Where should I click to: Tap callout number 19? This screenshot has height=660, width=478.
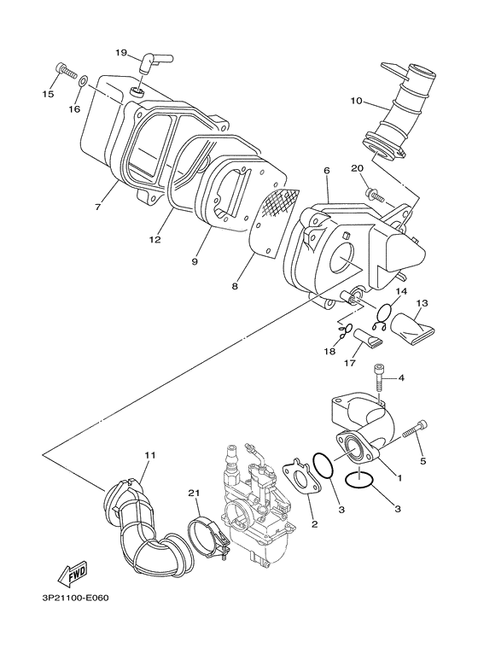pyautogui.click(x=121, y=52)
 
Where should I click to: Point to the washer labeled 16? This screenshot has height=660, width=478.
pyautogui.click(x=81, y=83)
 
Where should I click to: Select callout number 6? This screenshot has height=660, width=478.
pyautogui.click(x=326, y=170)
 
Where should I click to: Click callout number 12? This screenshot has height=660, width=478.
pyautogui.click(x=154, y=240)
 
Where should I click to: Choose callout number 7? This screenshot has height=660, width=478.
pyautogui.click(x=98, y=207)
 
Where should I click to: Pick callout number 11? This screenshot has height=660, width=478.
pyautogui.click(x=150, y=456)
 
